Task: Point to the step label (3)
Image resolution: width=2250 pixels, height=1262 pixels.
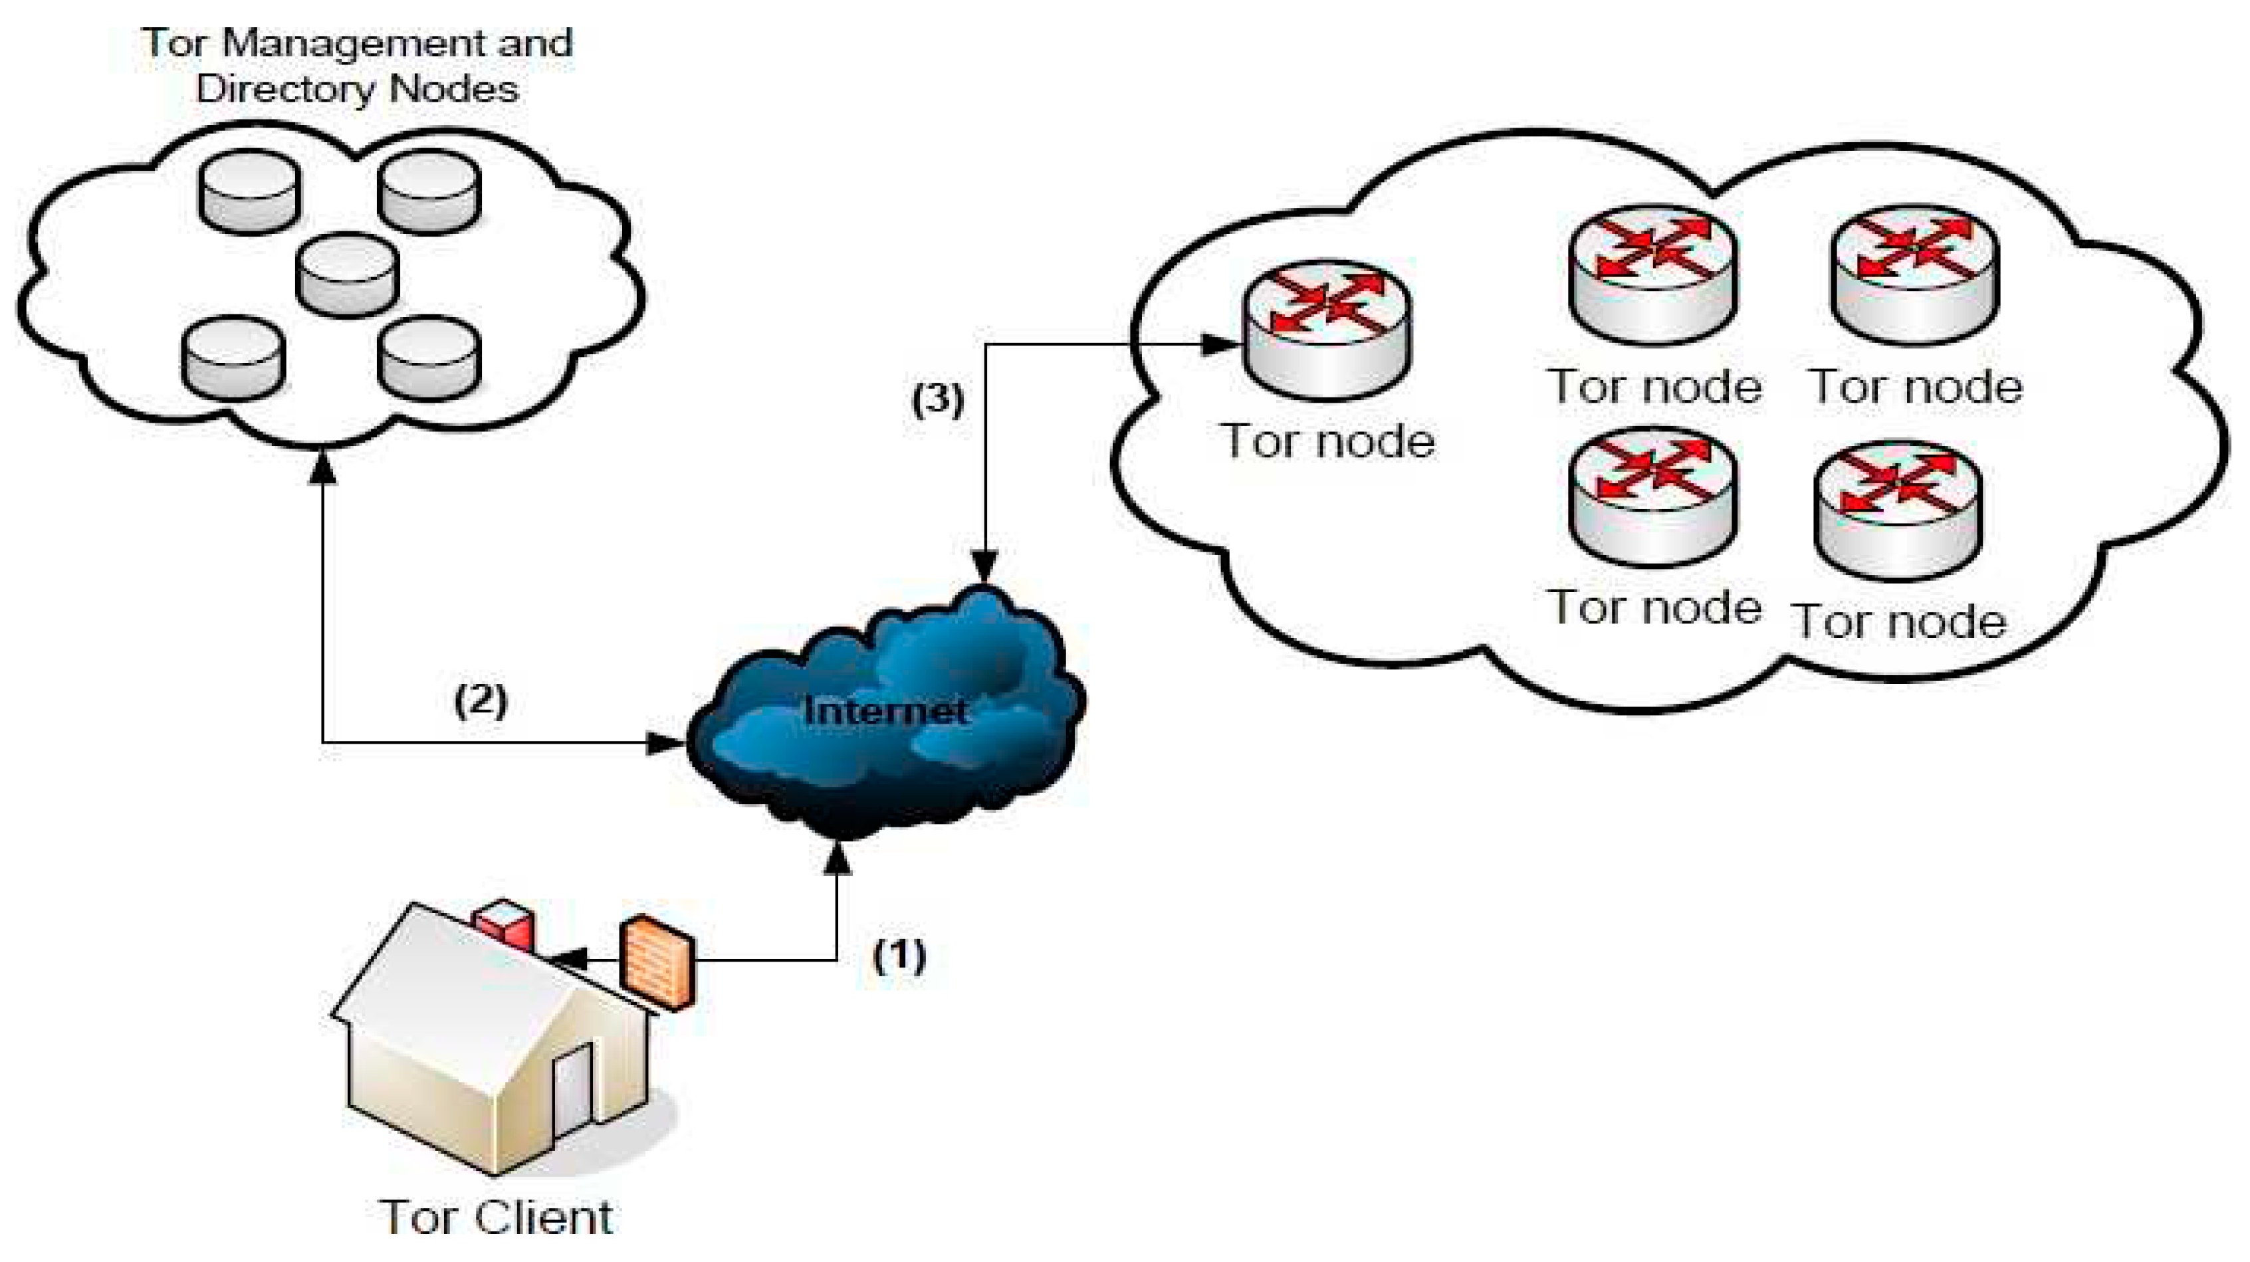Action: [937, 399]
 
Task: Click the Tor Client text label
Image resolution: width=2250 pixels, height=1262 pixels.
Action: [496, 1217]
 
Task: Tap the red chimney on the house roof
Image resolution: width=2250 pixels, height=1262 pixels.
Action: [504, 926]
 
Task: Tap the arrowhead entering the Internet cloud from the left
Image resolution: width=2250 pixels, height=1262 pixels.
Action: [664, 743]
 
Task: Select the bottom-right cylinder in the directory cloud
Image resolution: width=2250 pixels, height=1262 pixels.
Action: [429, 358]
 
